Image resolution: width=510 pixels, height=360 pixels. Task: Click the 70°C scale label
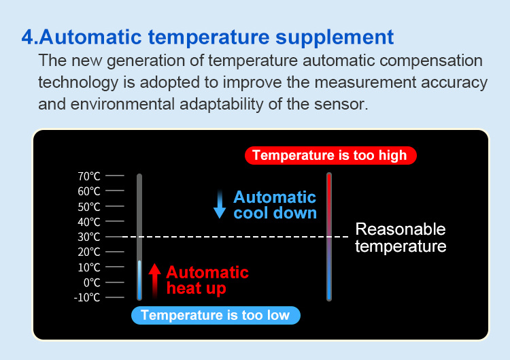[x=89, y=176]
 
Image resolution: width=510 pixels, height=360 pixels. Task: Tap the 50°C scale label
[x=89, y=207]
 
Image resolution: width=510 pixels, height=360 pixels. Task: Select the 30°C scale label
[x=89, y=237]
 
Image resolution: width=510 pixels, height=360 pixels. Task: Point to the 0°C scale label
[x=92, y=282]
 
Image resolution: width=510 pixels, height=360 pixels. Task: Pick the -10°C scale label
[x=87, y=297]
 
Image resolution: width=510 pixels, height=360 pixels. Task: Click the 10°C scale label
[x=89, y=267]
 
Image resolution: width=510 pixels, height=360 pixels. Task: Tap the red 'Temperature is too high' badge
[x=330, y=155]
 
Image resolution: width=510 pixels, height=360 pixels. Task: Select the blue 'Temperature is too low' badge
[x=216, y=315]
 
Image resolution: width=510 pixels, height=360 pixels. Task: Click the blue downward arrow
[x=220, y=203]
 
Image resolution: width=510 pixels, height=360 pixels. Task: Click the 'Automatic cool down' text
[x=275, y=205]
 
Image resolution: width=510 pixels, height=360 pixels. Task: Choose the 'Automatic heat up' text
[x=207, y=280]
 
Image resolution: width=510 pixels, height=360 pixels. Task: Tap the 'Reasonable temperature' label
[x=401, y=238]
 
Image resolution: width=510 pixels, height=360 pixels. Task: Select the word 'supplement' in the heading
[x=335, y=38]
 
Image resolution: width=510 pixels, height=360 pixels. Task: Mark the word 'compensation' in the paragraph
[x=431, y=61]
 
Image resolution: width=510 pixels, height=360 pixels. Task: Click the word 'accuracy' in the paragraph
[x=454, y=82]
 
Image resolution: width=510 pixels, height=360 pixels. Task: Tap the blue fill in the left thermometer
[x=139, y=280]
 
